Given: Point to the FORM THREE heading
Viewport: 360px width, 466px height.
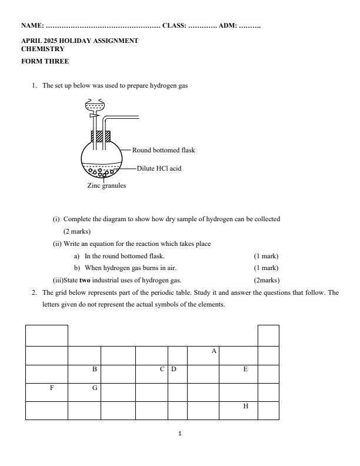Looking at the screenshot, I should tap(45, 61).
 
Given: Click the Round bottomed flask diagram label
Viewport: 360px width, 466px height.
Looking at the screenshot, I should tap(164, 150).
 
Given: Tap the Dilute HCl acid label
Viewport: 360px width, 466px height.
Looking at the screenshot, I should tap(159, 168).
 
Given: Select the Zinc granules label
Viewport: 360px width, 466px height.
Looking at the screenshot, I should tap(106, 185).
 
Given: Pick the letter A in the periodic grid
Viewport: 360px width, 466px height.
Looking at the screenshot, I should tap(214, 351).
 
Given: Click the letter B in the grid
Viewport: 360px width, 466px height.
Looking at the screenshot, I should tap(94, 370).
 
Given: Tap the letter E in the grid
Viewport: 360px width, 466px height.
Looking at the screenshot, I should tap(245, 370).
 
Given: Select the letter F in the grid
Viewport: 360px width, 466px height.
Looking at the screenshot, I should tap(52, 388).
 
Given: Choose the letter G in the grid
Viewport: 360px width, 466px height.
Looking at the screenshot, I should tap(94, 388).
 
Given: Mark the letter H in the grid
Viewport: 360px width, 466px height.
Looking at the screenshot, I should tap(245, 407).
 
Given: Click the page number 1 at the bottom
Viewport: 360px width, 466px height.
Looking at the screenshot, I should tap(180, 434).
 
